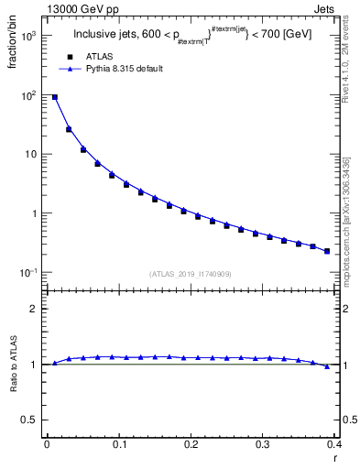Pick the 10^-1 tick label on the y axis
(27, 273)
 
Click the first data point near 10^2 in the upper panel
(55, 97)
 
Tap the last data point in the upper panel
(327, 250)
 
